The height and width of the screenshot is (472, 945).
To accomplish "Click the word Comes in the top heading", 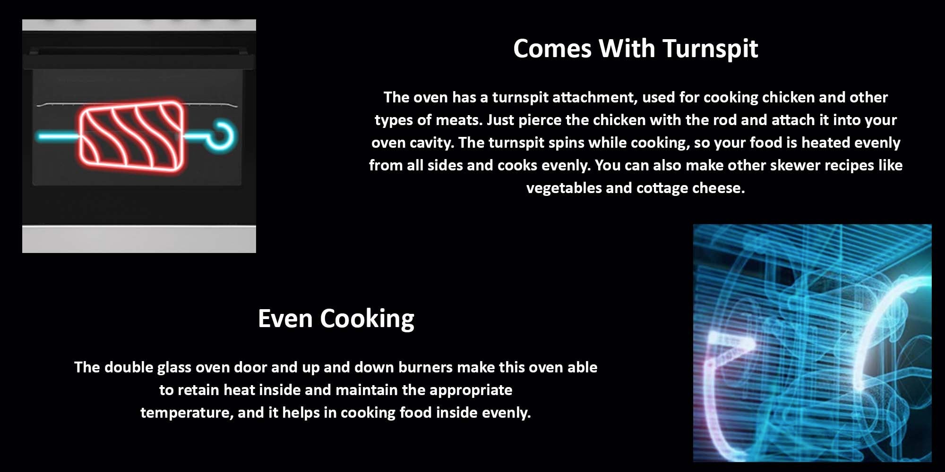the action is coord(552,49).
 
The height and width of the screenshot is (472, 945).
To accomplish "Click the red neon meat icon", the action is coord(131,135).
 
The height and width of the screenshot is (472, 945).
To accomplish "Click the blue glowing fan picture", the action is coord(812,343).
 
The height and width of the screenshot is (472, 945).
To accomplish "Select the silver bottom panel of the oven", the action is coord(139,239).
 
